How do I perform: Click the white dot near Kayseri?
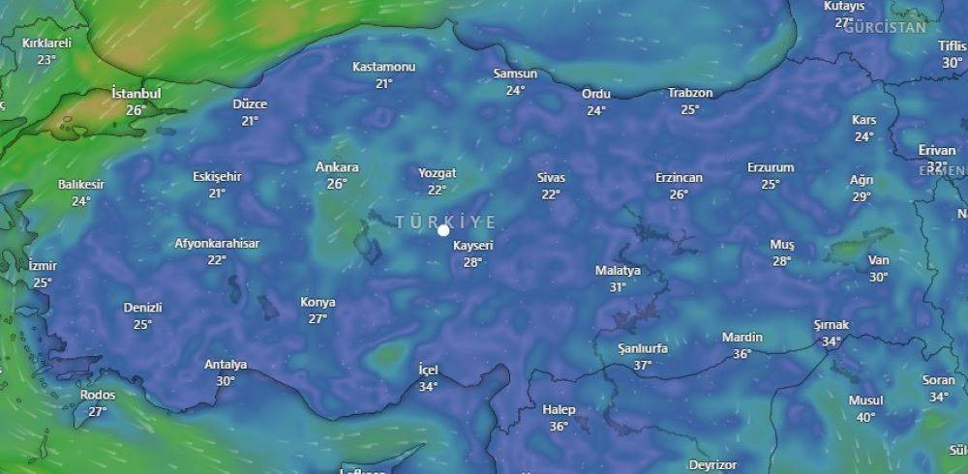(x=443, y=230)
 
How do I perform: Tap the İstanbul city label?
(x=136, y=94)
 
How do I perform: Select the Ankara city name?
(x=337, y=167)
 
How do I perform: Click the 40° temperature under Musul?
(x=865, y=418)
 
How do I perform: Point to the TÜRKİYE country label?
(x=445, y=222)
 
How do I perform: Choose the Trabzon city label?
(x=690, y=94)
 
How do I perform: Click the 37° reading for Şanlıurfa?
(x=643, y=366)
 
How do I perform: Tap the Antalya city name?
(x=226, y=365)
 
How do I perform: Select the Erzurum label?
(x=771, y=167)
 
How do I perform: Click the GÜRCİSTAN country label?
(x=885, y=27)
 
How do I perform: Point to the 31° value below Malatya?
(x=618, y=287)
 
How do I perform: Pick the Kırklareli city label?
(x=47, y=44)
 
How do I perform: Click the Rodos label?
(x=98, y=395)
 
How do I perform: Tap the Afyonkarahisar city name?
(x=217, y=244)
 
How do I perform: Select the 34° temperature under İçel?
(x=428, y=387)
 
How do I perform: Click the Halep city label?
(x=559, y=410)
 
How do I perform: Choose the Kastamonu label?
(x=384, y=67)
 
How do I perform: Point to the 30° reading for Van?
(x=878, y=277)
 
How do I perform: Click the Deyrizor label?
(x=713, y=465)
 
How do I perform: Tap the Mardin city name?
(x=742, y=338)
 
